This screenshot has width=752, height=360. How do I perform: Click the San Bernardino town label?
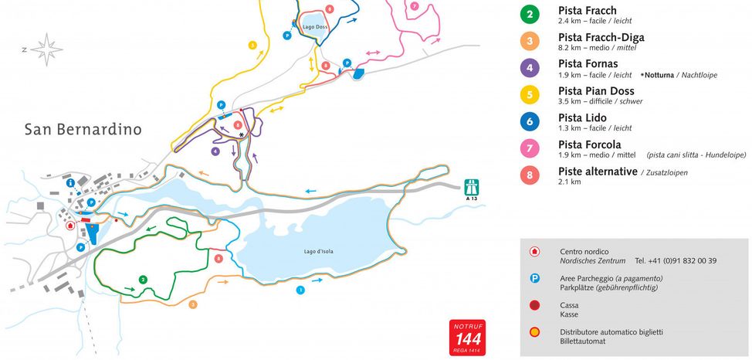click(83, 129)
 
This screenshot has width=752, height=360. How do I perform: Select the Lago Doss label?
click(315, 27)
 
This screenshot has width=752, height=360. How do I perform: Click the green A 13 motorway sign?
click(472, 188)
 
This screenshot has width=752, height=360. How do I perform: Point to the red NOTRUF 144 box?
click(467, 337)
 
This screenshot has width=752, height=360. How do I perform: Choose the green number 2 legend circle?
click(530, 15)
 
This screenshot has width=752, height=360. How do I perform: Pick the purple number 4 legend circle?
click(530, 68)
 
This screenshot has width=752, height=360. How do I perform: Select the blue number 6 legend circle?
click(530, 121)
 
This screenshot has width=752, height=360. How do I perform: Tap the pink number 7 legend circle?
click(530, 148)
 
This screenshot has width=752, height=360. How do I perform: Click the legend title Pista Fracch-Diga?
click(601, 37)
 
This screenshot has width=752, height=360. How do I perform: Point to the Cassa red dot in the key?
click(534, 306)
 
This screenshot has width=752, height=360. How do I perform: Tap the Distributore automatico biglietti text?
click(611, 332)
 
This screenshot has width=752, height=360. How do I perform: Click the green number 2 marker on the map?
click(143, 279)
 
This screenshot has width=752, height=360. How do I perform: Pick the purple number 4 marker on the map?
click(215, 151)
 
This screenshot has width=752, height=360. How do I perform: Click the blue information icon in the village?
click(71, 182)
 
